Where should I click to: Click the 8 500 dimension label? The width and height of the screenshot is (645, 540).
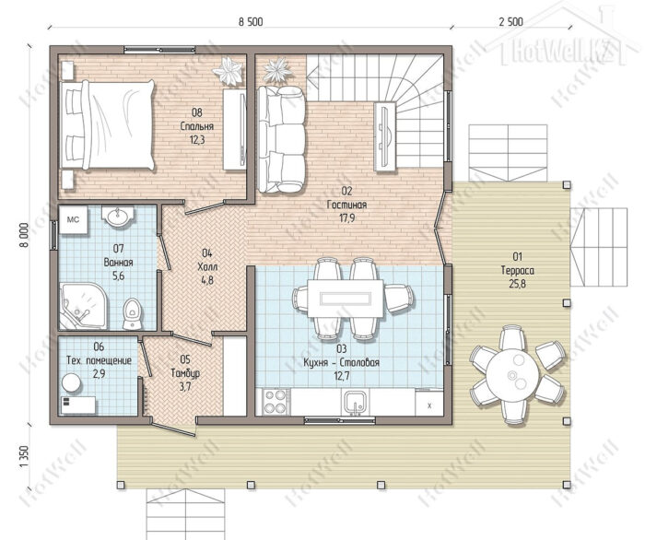(251, 22)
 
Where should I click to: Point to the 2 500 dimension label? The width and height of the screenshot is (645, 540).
(510, 22)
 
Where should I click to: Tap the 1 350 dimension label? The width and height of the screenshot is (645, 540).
(24, 456)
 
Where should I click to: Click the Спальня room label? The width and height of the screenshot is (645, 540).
(197, 126)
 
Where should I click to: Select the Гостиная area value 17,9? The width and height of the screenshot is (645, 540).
(346, 218)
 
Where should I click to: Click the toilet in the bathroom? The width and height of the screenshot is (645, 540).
(132, 313)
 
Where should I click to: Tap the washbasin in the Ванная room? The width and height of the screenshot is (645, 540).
(119, 216)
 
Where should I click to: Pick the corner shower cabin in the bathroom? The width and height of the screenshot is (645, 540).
(83, 306)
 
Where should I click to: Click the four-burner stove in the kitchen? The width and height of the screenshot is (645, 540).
(276, 402)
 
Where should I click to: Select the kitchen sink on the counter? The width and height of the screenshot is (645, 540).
(356, 402)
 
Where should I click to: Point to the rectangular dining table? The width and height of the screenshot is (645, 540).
(346, 299)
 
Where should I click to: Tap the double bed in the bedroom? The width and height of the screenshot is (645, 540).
(108, 124)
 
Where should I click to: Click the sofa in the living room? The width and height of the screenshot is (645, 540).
(282, 139)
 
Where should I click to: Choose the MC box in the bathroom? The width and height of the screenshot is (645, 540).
(73, 219)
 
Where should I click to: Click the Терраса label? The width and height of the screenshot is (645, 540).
(518, 270)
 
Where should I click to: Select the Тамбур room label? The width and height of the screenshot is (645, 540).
(185, 372)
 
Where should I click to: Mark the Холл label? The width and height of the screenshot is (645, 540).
(207, 266)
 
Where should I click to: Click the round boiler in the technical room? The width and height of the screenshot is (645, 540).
(72, 382)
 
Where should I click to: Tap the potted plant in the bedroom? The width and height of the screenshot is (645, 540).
(228, 71)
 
